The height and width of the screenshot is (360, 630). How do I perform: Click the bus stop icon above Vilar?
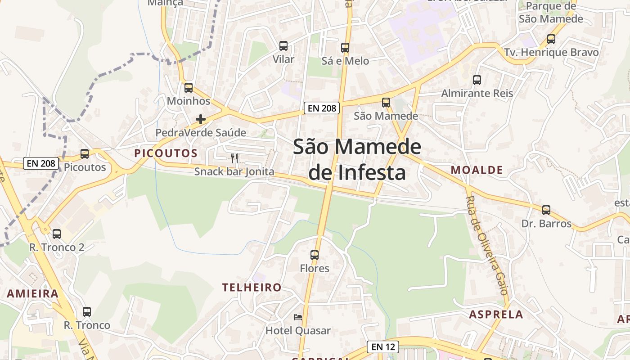pos(283,45)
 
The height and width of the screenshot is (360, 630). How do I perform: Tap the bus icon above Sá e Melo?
pos(345,47)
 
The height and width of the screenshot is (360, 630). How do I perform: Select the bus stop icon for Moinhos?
pos(189,88)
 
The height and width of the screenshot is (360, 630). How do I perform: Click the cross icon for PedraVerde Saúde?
pos(201,119)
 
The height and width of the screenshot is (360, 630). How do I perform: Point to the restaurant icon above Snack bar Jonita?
pos(234,158)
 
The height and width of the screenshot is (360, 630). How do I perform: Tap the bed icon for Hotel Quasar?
pos(298,317)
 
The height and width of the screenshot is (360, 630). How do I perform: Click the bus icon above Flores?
pos(315,255)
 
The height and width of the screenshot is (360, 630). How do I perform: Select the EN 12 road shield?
pos(383,346)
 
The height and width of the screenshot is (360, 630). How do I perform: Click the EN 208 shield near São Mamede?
pos(321,108)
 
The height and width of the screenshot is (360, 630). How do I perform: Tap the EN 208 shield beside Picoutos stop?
pos(41,163)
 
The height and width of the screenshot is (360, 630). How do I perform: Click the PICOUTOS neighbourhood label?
pos(166,153)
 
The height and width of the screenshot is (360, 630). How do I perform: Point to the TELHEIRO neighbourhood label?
pos(252,287)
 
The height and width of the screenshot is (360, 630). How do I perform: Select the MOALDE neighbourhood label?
pos(477,170)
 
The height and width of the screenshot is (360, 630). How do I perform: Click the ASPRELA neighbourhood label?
pos(496,314)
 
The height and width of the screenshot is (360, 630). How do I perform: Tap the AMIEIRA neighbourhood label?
pos(33,294)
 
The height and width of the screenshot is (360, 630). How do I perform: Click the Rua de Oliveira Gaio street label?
pos(487,245)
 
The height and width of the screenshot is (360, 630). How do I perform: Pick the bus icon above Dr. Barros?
pos(546,210)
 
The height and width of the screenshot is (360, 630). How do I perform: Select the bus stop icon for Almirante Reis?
pos(477,80)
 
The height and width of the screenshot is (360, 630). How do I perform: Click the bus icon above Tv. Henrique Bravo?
pos(551,39)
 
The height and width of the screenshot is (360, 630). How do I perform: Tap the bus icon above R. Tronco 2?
pos(57,234)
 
